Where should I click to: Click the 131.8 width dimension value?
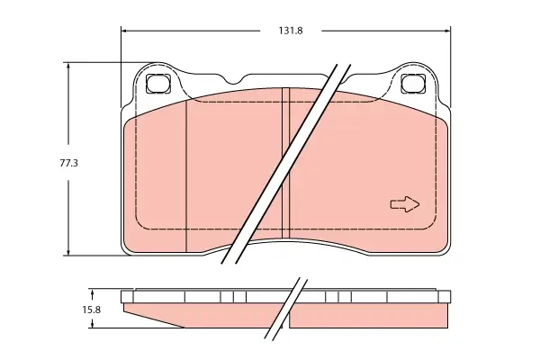tap(291, 31)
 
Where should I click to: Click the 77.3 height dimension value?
tap(69, 163)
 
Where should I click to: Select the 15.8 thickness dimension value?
tap(91, 310)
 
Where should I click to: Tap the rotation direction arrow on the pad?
tap(405, 204)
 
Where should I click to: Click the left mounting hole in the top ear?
tap(158, 84)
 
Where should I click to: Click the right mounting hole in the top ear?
tap(413, 84)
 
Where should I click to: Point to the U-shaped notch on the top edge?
tap(234, 81)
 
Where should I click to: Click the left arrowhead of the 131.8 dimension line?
tap(124, 31)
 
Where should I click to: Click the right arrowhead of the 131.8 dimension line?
tap(447, 31)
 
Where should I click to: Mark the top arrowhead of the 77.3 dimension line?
tap(68, 66)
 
